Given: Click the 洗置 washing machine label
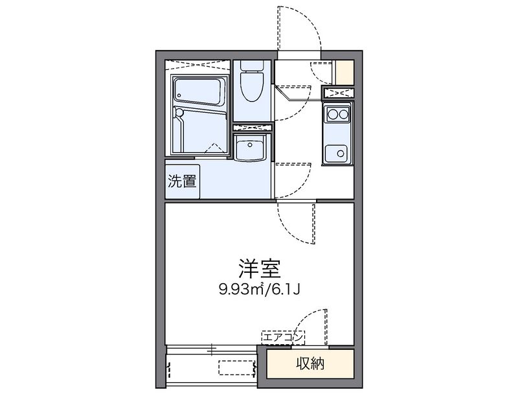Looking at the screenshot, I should (x=182, y=181).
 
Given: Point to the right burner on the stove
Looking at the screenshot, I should (x=344, y=115).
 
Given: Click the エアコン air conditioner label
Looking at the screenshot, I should (x=282, y=337).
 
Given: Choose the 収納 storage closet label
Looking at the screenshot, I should (x=310, y=363).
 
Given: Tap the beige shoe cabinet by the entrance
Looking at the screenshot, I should (x=344, y=72).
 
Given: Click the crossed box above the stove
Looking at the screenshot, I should (x=337, y=93).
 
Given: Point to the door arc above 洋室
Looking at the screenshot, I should (x=297, y=224).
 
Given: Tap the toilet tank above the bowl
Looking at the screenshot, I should (x=250, y=65).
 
